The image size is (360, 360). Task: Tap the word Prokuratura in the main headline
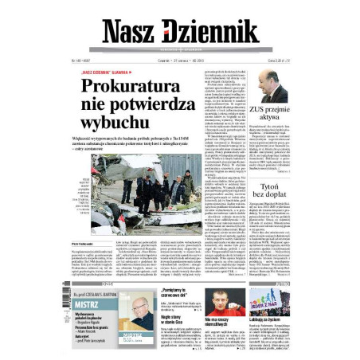point(139,87)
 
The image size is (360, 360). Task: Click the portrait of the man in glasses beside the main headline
point(274,88)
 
